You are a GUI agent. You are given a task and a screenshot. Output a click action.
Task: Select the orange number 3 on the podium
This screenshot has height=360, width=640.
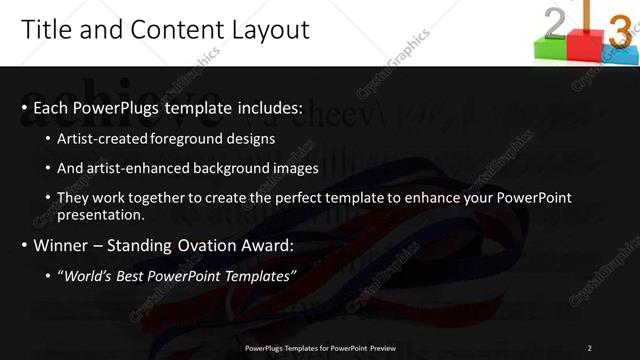(x=619, y=31)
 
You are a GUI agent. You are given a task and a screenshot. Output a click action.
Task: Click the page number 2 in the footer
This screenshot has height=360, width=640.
(x=590, y=348)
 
